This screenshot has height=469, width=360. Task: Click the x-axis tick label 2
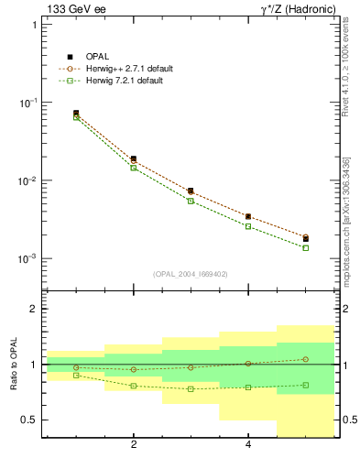pos(134,445)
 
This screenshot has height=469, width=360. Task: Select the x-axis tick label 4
pos(248,445)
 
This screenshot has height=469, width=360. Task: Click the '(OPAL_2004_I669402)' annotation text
pos(191,273)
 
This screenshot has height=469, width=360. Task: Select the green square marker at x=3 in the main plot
pos(191,201)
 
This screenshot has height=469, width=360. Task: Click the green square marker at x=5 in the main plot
pos(305,247)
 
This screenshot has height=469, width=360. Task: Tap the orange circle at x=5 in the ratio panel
pos(305,359)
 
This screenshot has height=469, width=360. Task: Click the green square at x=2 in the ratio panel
pos(134,386)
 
